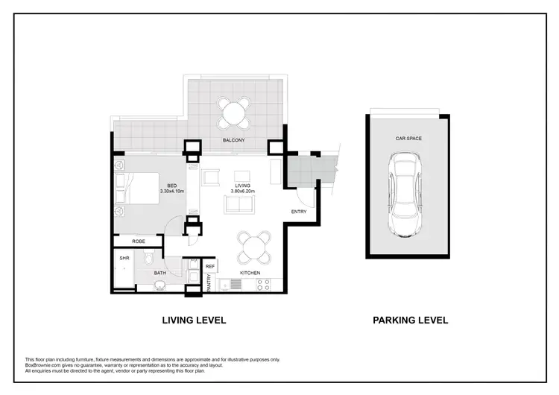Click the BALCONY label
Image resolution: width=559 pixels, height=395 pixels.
[x=234, y=140]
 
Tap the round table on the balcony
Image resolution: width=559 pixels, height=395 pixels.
[x=234, y=113]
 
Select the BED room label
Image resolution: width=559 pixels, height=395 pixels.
[x=171, y=186]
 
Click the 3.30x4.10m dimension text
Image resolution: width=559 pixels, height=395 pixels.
[x=171, y=192]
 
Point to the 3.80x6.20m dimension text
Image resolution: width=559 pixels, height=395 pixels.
[x=243, y=192]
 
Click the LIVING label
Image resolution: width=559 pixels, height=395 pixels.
[x=243, y=186]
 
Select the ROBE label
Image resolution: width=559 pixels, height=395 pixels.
[x=138, y=241]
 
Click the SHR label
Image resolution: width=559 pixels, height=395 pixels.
[x=124, y=259]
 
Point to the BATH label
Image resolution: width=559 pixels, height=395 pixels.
[x=160, y=274]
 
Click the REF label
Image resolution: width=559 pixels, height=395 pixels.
[x=210, y=266]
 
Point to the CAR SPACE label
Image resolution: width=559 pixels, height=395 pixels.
[x=409, y=139]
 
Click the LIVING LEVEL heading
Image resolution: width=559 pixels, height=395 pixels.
[x=194, y=320]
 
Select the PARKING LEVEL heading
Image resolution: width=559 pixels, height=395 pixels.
[x=410, y=320]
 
